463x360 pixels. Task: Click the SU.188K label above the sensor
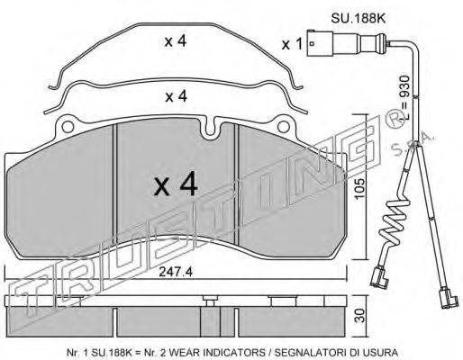coord(358,19)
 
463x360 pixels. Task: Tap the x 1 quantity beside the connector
coord(292,45)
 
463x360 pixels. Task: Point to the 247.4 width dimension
coord(176,272)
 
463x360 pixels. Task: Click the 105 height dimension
coord(359,189)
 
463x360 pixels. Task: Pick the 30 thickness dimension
coord(359,316)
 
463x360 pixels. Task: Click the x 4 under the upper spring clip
coord(176,41)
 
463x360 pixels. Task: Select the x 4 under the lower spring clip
coord(177,96)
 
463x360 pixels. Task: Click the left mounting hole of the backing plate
coord(68,127)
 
